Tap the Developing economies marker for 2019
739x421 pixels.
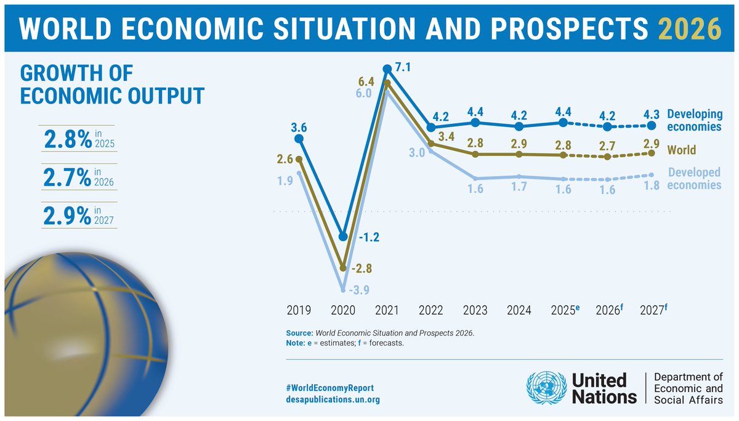(x=299, y=139)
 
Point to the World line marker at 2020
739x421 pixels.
(x=343, y=268)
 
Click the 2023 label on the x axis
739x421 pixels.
(x=475, y=310)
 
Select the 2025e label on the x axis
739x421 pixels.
(x=565, y=310)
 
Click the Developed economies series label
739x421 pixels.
(x=694, y=179)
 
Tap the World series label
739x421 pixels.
(x=682, y=150)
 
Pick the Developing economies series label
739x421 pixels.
(x=694, y=120)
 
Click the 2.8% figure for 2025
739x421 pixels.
(x=68, y=140)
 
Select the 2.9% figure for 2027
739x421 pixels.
(x=68, y=215)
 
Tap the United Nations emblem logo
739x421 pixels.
(x=546, y=388)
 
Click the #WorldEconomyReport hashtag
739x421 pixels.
(x=330, y=388)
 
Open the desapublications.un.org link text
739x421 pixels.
(x=333, y=399)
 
